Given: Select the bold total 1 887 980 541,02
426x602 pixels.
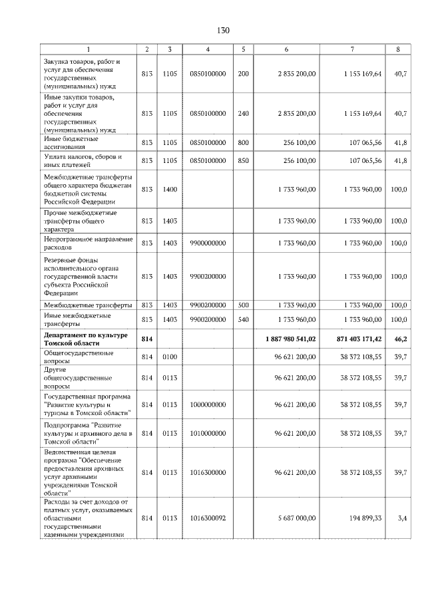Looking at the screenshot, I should pyautogui.click(x=290, y=339).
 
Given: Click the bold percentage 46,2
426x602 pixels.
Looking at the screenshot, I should pyautogui.click(x=401, y=339).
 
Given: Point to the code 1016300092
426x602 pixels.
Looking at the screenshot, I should pyautogui.click(x=208, y=517).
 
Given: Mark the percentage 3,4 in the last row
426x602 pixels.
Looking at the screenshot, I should pyautogui.click(x=403, y=517).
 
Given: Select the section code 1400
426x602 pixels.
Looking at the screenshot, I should pyautogui.click(x=170, y=190).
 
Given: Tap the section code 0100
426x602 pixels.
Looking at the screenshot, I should pyautogui.click(x=170, y=357).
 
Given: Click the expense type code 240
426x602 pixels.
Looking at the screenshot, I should pyautogui.click(x=243, y=113).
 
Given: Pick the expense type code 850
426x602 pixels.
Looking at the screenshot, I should pyautogui.click(x=243, y=160).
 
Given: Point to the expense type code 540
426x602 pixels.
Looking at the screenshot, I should pyautogui.click(x=243, y=319).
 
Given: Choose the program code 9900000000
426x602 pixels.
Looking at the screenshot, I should pyautogui.click(x=208, y=243).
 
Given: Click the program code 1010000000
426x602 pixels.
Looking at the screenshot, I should pyautogui.click(x=208, y=433).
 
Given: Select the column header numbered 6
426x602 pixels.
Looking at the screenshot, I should pyautogui.click(x=286, y=49).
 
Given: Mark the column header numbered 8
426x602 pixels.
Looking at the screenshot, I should pyautogui.click(x=398, y=49).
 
